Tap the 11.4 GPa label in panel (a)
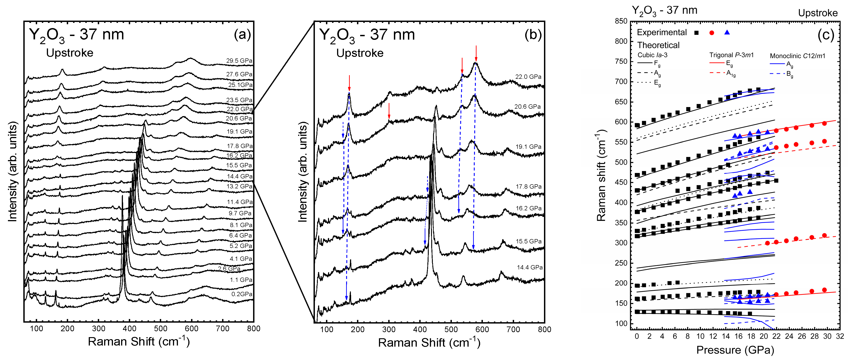(240, 202)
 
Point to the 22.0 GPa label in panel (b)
(528, 77)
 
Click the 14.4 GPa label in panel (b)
(529, 267)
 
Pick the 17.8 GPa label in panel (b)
(528, 186)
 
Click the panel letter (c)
(826, 35)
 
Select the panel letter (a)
(242, 34)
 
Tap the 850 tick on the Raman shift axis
(621, 21)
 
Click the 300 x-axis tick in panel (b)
(389, 329)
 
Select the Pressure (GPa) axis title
(735, 350)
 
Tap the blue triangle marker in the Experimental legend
(727, 32)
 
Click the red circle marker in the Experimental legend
(712, 33)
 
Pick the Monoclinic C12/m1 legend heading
(797, 56)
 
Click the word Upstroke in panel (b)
(359, 53)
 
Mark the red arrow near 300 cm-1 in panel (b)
(389, 111)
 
